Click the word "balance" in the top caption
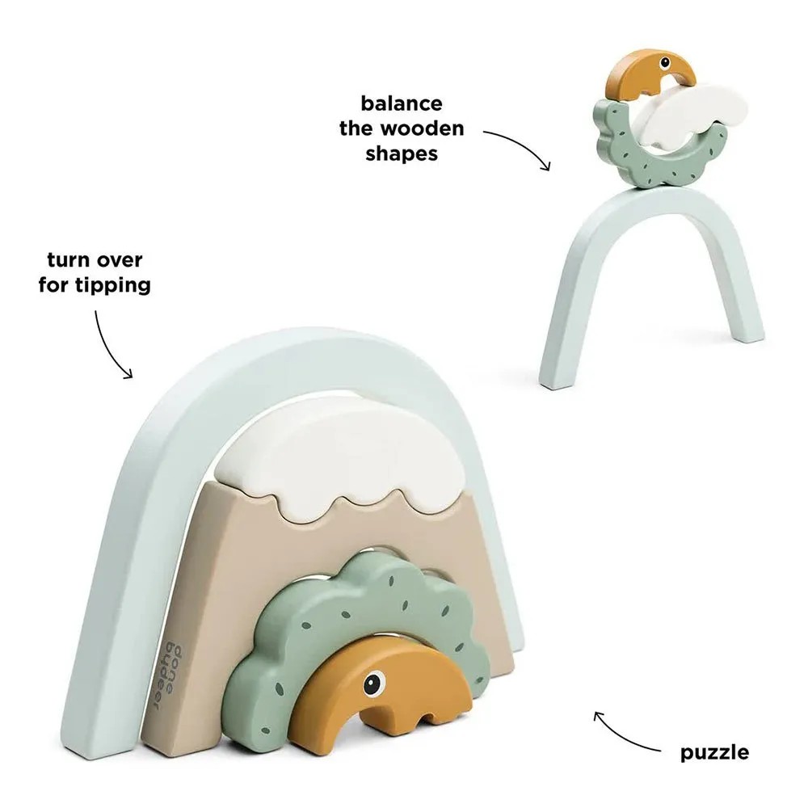[402, 103]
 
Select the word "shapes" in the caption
[402, 153]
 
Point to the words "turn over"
[95, 259]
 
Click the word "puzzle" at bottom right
[715, 753]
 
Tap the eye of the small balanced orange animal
[665, 63]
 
